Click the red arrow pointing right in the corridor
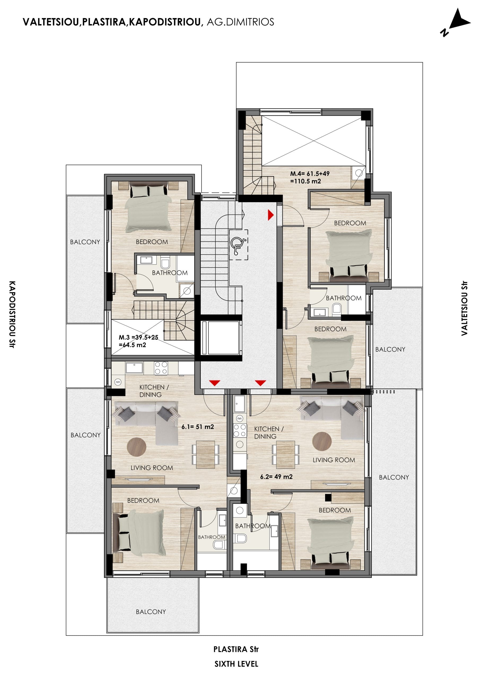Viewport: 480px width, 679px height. pyautogui.click(x=270, y=215)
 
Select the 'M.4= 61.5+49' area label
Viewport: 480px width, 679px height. pyautogui.click(x=310, y=173)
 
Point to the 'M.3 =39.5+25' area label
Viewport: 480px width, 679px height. pyautogui.click(x=138, y=337)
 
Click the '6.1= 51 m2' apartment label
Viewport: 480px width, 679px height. pyautogui.click(x=198, y=427)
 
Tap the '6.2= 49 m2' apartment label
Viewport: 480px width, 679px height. pyautogui.click(x=276, y=477)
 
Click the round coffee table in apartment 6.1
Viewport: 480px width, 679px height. pyautogui.click(x=136, y=447)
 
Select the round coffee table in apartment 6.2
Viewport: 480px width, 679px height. pyautogui.click(x=322, y=441)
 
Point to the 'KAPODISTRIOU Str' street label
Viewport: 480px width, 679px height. pyautogui.click(x=12, y=314)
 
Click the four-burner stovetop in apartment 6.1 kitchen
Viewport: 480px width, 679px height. pyautogui.click(x=161, y=368)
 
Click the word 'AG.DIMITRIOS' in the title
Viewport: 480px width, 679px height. pyautogui.click(x=240, y=22)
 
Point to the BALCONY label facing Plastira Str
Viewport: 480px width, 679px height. pyautogui.click(x=151, y=612)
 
